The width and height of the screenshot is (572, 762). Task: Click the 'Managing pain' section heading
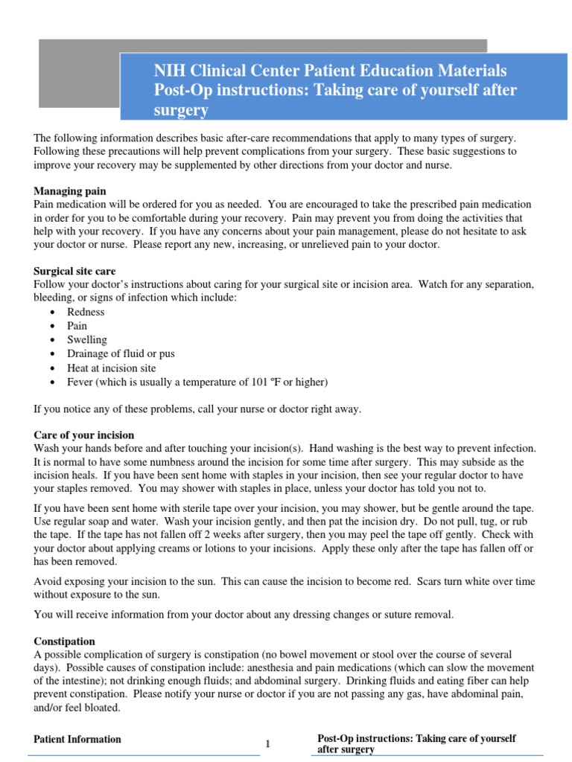69,191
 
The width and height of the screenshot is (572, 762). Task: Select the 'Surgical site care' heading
74,272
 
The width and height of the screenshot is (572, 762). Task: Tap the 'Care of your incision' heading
84,435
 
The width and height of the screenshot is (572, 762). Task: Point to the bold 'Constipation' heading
65,641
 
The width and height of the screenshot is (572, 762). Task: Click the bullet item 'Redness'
86,312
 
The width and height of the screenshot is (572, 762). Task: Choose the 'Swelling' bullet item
87,340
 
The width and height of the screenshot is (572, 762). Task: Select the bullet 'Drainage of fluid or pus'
121,354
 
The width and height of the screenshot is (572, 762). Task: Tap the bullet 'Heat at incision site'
111,368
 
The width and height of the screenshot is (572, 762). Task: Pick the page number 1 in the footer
268,745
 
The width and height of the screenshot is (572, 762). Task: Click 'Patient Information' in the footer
77,739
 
